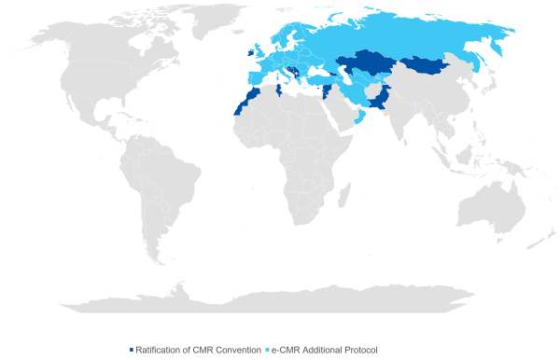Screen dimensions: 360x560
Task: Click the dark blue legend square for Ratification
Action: [x=132, y=349]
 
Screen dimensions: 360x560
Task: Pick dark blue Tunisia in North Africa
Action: [x=277, y=91]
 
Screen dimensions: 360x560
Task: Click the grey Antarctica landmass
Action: [x=280, y=297]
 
